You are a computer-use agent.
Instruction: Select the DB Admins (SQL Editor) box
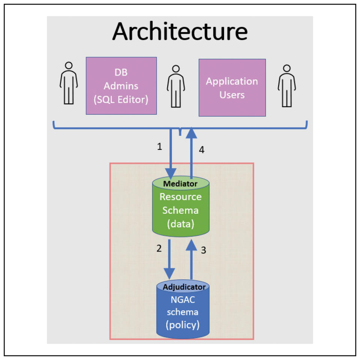(x=121, y=85)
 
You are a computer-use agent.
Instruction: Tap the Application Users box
(x=232, y=87)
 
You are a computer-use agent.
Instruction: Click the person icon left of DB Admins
(x=69, y=83)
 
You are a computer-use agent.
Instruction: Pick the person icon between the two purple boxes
(x=176, y=86)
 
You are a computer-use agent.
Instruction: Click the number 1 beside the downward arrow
(x=159, y=147)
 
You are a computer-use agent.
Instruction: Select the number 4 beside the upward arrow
(x=201, y=150)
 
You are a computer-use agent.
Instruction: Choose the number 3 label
(x=204, y=250)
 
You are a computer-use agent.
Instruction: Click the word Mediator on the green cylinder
(x=180, y=184)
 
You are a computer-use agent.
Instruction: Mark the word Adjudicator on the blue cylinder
(x=184, y=287)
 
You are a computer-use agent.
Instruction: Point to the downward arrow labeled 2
(x=170, y=259)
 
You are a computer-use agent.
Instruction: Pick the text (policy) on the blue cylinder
(x=182, y=324)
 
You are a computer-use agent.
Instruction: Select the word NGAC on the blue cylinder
(x=183, y=299)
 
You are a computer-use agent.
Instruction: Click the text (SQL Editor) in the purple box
(x=121, y=100)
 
